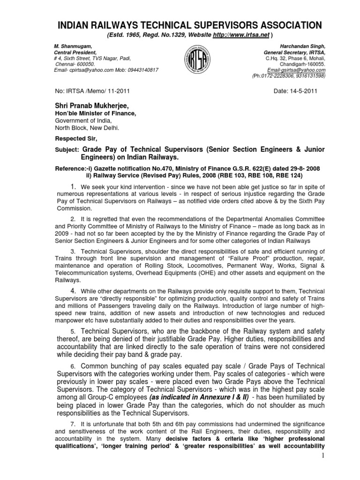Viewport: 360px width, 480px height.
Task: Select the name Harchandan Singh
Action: (x=302, y=46)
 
